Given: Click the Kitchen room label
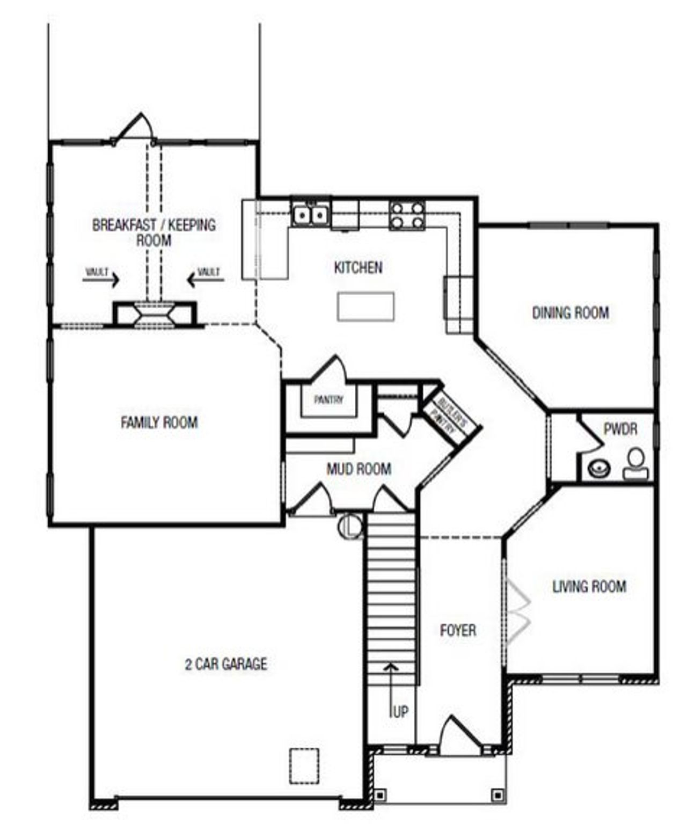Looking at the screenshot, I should pyautogui.click(x=358, y=267).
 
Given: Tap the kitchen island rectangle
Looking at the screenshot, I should pyautogui.click(x=366, y=307).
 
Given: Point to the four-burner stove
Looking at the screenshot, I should pyautogui.click(x=407, y=215).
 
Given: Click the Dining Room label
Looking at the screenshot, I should pyautogui.click(x=571, y=313).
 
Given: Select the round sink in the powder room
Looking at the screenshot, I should pyautogui.click(x=599, y=469).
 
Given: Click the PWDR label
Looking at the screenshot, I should pyautogui.click(x=620, y=429).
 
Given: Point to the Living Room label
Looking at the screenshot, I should pyautogui.click(x=589, y=587).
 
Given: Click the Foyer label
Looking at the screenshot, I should pyautogui.click(x=458, y=630).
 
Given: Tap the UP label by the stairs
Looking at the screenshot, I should pyautogui.click(x=400, y=712).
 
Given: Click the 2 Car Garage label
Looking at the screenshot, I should pyautogui.click(x=226, y=665).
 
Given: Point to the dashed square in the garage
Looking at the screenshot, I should pyautogui.click(x=304, y=765).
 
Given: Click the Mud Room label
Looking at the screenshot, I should pyautogui.click(x=359, y=470).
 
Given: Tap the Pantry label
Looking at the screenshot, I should pyautogui.click(x=328, y=400).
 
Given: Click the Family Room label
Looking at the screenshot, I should pyautogui.click(x=159, y=423).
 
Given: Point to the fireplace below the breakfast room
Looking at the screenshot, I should pyautogui.click(x=155, y=313).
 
